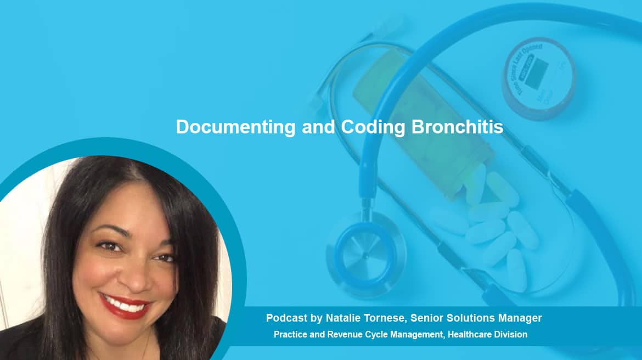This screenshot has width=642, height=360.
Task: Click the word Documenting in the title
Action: point(235,127)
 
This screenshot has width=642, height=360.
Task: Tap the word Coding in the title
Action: point(373,127)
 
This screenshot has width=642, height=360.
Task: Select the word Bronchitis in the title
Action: point(457,127)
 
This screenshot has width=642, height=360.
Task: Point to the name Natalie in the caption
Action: point(343,318)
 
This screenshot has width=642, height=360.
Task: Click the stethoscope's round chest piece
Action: point(365,254)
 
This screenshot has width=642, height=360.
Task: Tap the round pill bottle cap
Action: point(539,78)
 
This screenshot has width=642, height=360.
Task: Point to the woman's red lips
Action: point(125,306)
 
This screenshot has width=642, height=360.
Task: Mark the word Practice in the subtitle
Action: point(290,334)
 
